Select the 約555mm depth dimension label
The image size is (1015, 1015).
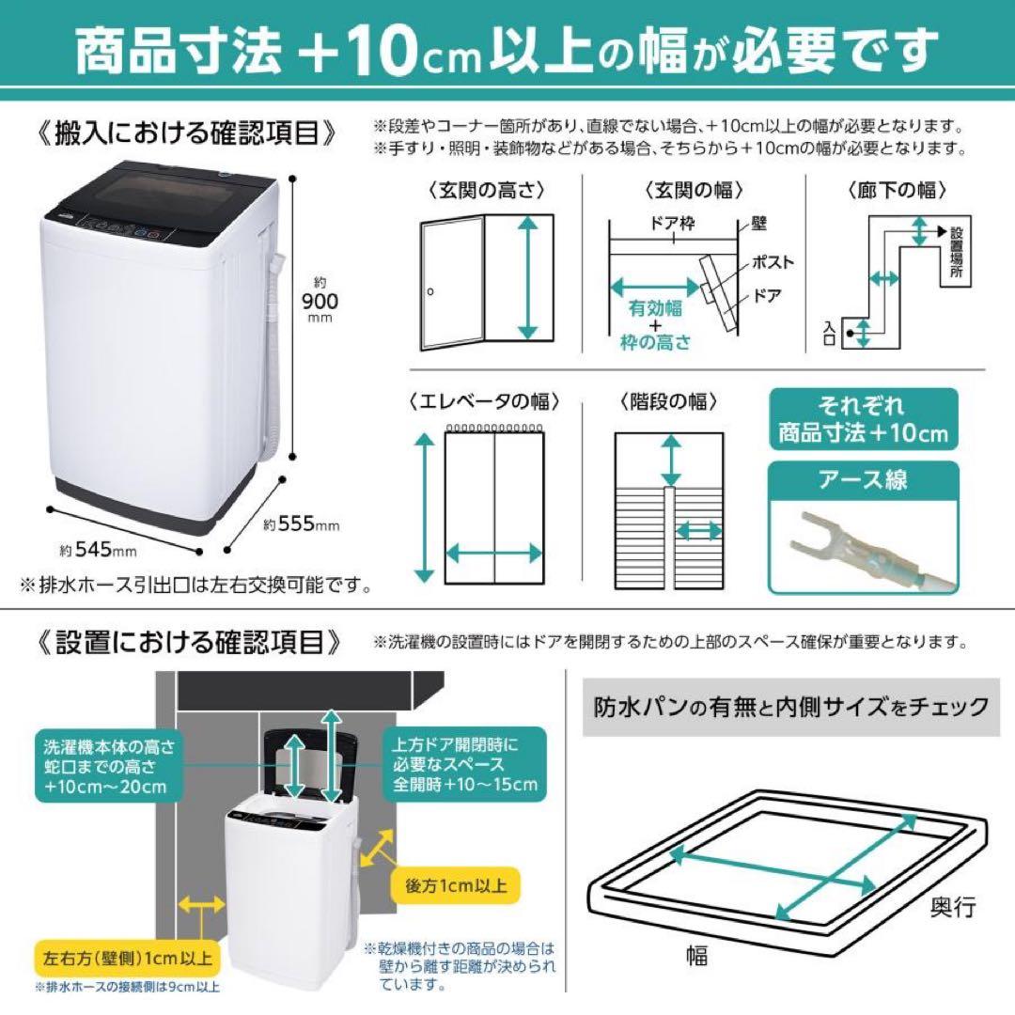301,524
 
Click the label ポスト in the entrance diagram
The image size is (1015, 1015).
773,262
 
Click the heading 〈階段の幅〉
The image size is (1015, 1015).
668,402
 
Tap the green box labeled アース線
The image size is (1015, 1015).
864,480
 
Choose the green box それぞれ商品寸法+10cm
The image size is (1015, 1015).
864,420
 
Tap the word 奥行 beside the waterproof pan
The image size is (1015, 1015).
953,908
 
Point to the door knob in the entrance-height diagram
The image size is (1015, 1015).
429,292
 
